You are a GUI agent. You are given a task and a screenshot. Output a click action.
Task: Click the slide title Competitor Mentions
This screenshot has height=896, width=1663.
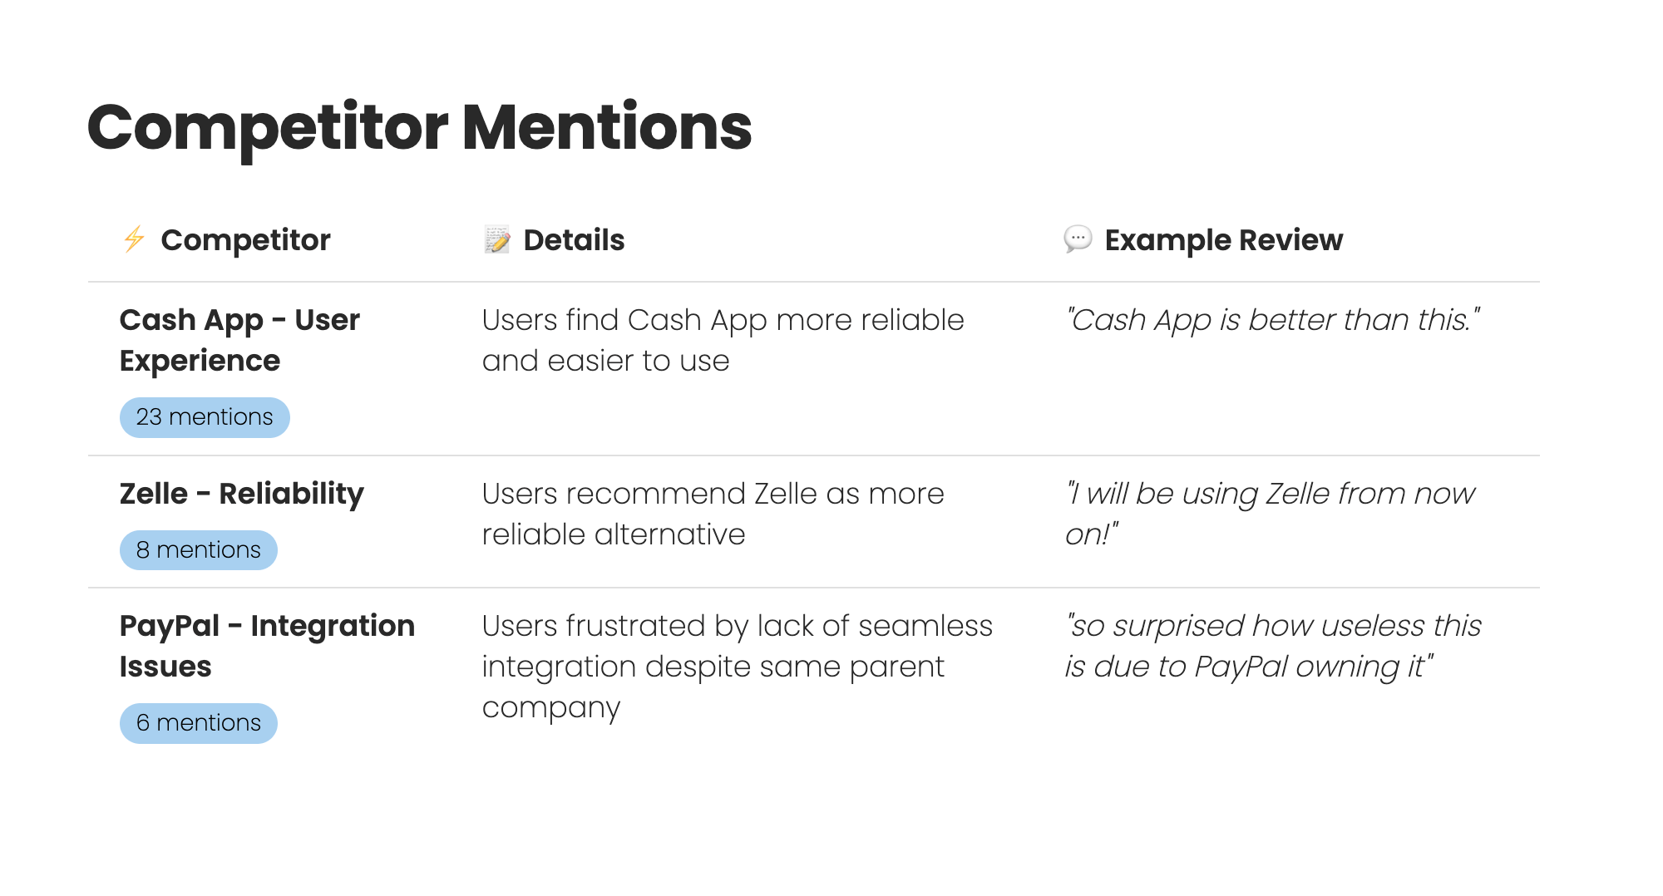tap(419, 128)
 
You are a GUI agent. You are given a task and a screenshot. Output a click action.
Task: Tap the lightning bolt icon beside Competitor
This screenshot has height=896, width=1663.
tap(134, 239)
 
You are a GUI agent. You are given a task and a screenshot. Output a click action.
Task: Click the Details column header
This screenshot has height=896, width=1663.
tap(574, 240)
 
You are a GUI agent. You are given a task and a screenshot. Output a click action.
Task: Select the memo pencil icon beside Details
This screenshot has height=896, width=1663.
tap(497, 239)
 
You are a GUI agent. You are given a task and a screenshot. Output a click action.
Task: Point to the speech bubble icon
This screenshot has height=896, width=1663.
tap(1078, 239)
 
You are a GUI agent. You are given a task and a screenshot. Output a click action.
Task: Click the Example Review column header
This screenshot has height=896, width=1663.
tap(1223, 240)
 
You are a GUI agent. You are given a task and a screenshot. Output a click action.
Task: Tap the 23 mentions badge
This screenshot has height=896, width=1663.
tap(205, 417)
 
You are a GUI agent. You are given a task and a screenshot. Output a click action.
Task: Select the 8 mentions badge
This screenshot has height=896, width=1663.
tap(199, 550)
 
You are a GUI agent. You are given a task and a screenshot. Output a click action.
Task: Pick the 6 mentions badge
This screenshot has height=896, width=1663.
tap(199, 723)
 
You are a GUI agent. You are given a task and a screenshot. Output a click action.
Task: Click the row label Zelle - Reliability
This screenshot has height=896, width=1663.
tap(242, 494)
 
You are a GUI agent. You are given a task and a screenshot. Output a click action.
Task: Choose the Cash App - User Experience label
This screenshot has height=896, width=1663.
tap(239, 340)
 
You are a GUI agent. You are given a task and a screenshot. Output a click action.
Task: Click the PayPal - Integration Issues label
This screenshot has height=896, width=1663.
tap(267, 646)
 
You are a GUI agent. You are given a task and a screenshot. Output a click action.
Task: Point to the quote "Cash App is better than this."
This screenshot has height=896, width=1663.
tap(1273, 320)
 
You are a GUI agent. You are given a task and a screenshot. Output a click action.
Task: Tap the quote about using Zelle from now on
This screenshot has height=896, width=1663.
tap(1271, 514)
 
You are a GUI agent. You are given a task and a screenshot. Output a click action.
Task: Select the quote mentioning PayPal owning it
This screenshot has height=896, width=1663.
tap(1273, 646)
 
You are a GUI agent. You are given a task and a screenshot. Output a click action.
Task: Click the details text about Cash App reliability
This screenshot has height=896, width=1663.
tap(723, 340)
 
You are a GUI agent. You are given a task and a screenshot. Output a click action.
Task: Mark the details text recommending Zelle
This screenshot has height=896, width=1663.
tap(713, 514)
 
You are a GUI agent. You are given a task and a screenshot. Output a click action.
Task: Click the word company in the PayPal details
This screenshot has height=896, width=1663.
tap(551, 708)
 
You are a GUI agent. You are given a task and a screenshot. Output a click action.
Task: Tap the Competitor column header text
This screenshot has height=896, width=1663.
tap(245, 240)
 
